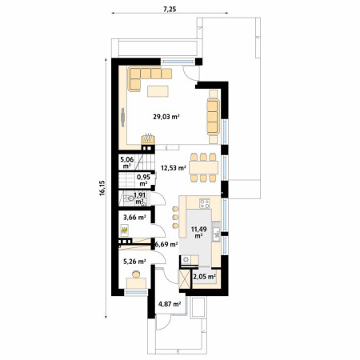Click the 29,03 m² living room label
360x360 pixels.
166,117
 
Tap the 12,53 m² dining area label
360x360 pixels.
174,168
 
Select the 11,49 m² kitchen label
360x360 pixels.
198,232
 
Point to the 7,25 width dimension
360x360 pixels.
170,10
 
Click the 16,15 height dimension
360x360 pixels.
102,188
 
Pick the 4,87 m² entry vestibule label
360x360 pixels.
170,304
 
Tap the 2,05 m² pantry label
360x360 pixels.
204,277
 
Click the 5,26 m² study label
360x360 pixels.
134,262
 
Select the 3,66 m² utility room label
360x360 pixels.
134,218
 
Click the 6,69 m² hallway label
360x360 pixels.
166,244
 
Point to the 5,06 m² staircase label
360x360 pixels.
127,163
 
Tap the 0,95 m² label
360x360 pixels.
143,180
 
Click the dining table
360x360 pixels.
204,167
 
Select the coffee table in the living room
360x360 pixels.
158,91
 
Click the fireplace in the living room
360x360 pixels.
148,139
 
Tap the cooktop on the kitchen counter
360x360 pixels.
205,204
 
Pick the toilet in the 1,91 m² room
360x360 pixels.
130,198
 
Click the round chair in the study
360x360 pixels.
136,274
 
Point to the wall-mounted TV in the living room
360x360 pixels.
122,117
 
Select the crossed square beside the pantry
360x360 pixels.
185,279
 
